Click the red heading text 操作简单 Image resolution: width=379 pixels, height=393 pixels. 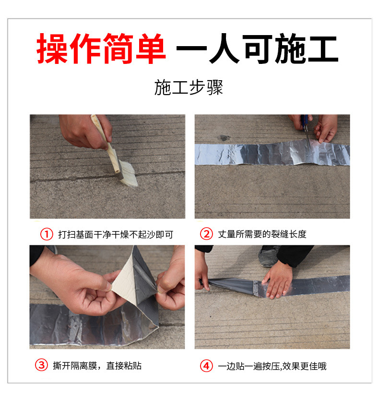pos(101,49)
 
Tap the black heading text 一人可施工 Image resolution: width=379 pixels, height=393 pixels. pos(257,49)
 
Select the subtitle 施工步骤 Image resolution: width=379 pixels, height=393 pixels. pos(189,87)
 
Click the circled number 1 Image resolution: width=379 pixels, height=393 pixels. pos(47,234)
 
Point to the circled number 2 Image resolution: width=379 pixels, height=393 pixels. pos(206,234)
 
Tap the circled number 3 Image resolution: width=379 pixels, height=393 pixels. pos(41,365)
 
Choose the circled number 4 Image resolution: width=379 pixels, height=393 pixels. pos(206,366)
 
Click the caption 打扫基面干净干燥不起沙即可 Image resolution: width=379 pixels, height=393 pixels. pos(116,234)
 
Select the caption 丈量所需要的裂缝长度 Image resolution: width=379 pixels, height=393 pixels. pos(262,234)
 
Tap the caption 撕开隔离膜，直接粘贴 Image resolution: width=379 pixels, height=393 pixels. pos(97,366)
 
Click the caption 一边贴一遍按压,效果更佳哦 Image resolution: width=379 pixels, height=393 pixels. pos(272,366)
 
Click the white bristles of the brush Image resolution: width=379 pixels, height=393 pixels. pos(128,174)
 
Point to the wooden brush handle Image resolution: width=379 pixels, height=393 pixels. pos(106,143)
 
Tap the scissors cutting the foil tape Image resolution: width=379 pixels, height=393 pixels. pos(306,130)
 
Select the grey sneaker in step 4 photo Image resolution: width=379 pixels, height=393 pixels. pos(269,256)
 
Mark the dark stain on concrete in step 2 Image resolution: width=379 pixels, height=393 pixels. pos(225,137)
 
